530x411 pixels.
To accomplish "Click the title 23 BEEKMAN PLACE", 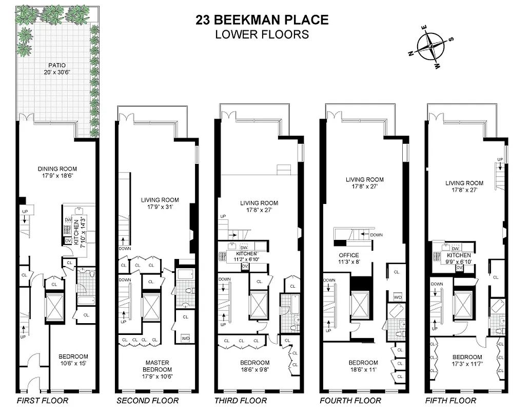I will pos(262,20).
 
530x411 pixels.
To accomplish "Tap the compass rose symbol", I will pos(430,47).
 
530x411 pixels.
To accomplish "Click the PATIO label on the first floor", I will pos(57,65).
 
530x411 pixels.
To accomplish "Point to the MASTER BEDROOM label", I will pos(158,366).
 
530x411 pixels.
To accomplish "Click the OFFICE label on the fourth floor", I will pos(348,255).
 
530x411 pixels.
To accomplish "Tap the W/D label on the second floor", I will pos(185,338).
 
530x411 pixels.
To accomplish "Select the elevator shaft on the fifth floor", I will pos(463,303).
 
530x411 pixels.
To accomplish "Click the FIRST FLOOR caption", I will pos(42,401).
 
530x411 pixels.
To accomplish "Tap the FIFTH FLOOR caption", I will pos(450,401).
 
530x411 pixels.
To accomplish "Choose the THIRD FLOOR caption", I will pos(241,401).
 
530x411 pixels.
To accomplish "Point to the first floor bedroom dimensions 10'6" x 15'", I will pos(73,364).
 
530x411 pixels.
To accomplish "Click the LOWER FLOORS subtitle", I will pos(262,35).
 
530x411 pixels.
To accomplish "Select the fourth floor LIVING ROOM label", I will pos(364,180).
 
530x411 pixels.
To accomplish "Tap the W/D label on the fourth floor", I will pos(398,297).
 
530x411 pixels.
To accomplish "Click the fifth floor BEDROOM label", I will pos(467,357).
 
